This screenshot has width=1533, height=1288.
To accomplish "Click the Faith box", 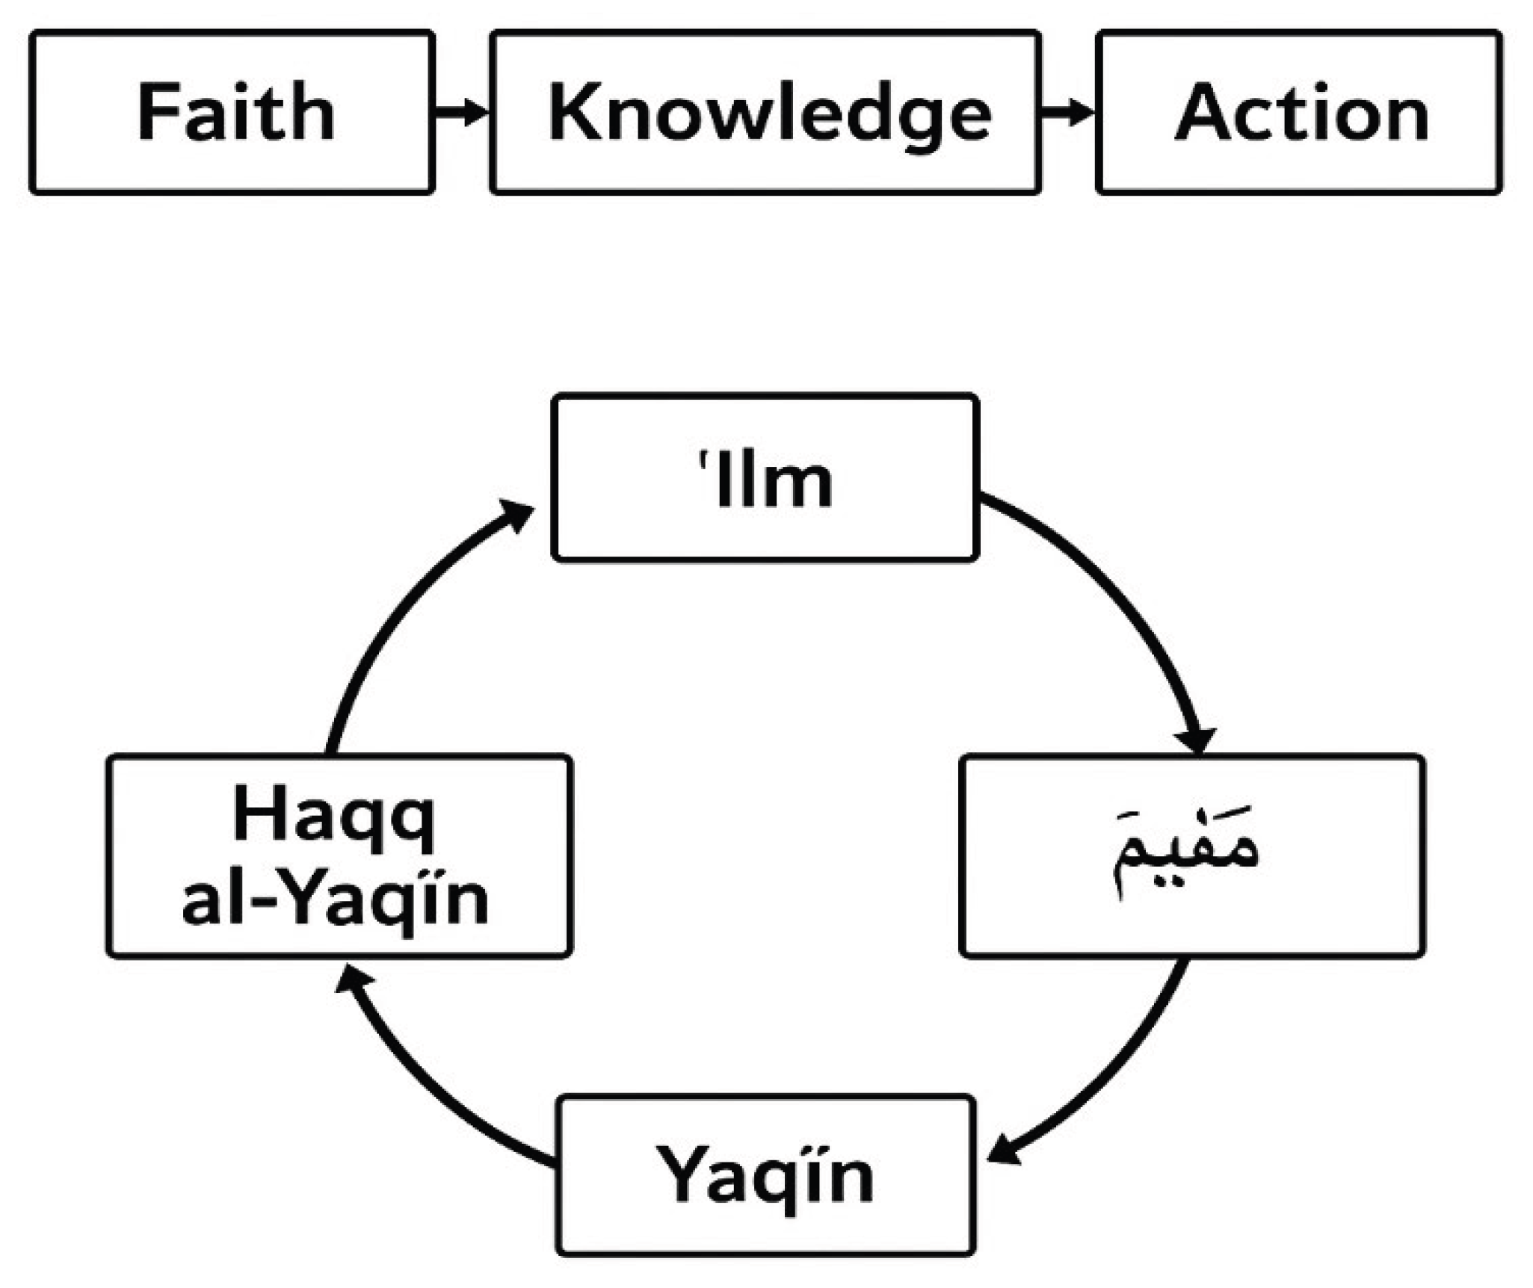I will pyautogui.click(x=232, y=112).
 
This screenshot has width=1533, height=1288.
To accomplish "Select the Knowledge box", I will pyautogui.click(x=765, y=112).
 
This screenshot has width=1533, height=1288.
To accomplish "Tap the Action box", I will pyautogui.click(x=1299, y=112).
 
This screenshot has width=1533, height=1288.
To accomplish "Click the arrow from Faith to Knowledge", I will pyautogui.click(x=462, y=112).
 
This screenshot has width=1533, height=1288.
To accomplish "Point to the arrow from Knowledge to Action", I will pyautogui.click(x=1068, y=112).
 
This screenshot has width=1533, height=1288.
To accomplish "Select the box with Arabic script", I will pyautogui.click(x=1192, y=855).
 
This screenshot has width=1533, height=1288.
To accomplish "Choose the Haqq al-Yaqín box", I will pyautogui.click(x=339, y=855).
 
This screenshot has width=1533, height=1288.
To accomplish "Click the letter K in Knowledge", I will pyautogui.click(x=570, y=112).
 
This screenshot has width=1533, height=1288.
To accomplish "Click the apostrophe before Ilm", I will pyautogui.click(x=703, y=457).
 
